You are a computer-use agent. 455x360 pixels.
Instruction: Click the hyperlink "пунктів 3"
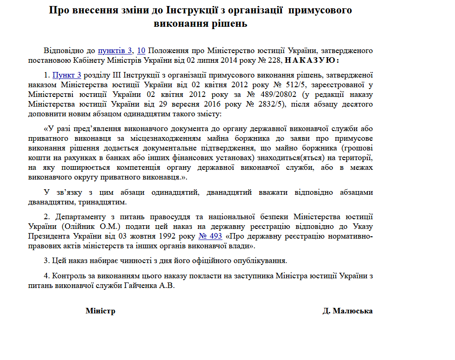coord(115,50)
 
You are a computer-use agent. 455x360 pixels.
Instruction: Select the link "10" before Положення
coord(142,50)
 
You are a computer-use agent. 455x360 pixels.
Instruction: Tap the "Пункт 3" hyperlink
coord(67,75)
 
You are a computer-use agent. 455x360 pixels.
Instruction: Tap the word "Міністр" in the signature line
coord(100,311)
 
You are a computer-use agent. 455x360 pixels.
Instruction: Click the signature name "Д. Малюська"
coord(347,311)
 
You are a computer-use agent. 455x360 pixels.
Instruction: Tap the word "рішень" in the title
coord(231,24)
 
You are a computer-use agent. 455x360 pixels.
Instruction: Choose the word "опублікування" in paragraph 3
coord(260,261)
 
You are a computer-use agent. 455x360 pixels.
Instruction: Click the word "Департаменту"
coord(81,216)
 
